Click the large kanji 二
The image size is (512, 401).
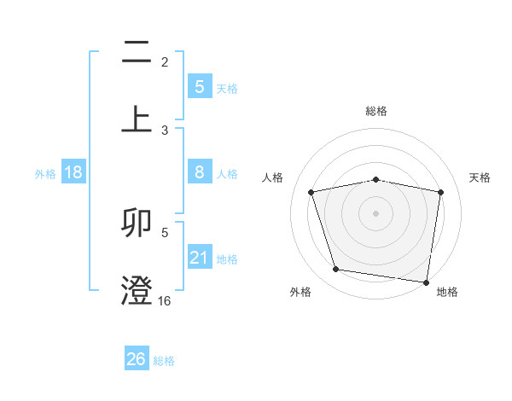[x=137, y=53]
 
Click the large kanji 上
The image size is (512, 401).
[x=137, y=118]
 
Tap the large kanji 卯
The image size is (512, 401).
[x=137, y=224]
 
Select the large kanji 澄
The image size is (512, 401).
[x=137, y=289]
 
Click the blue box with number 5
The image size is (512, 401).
[x=199, y=86]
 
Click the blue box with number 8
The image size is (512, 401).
[x=199, y=172]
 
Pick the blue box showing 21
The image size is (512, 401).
[x=199, y=258]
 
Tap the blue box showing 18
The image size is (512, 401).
[x=73, y=172]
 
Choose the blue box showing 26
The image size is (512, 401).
[x=136, y=359]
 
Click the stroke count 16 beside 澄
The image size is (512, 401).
[x=165, y=300]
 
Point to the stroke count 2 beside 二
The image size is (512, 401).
[x=165, y=62]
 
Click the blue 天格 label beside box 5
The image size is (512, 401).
[x=227, y=88]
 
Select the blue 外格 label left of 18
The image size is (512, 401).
[x=45, y=174]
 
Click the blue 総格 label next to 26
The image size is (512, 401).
[x=164, y=361]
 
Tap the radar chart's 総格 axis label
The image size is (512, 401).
[x=376, y=111]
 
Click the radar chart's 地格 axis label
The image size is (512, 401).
[x=447, y=292]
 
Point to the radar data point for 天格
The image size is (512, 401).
[x=440, y=192]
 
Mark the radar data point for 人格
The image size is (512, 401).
[x=311, y=192]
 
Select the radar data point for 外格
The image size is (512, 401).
[x=336, y=270]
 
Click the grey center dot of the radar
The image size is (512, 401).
[x=376, y=213]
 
